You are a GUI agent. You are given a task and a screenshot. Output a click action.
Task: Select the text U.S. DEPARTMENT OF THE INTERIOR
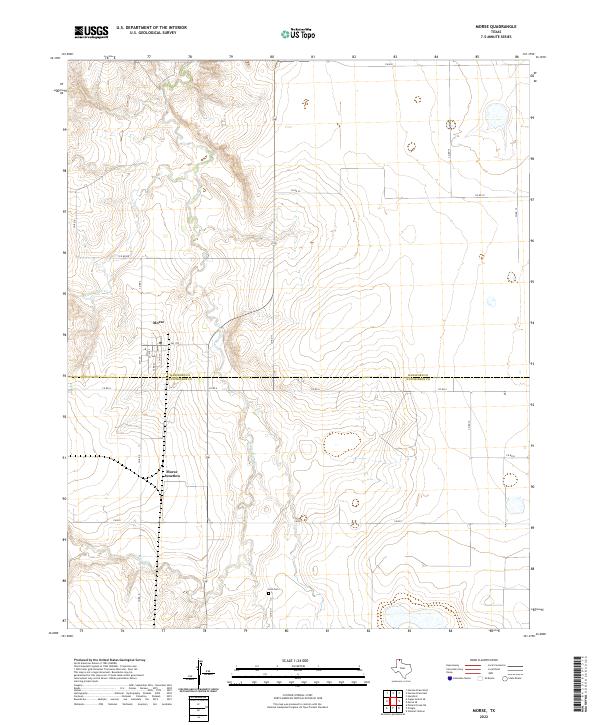pos(151,29)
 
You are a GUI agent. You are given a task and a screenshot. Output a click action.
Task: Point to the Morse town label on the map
pos(157,323)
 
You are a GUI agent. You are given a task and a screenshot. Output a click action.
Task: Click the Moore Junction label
pos(172,476)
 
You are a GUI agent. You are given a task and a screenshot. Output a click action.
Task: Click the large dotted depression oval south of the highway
pos(341,443)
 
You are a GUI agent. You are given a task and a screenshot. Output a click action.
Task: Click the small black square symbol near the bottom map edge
pos(270,593)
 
